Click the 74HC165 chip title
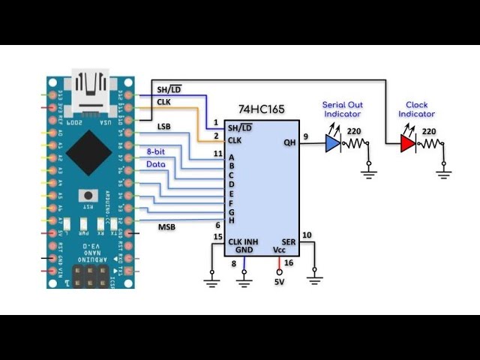click(x=262, y=109)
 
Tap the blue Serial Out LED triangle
click(x=332, y=143)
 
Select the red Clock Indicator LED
click(x=407, y=143)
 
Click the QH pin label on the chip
click(x=289, y=142)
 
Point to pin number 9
click(x=306, y=136)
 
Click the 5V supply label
click(x=279, y=282)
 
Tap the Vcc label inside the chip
click(x=279, y=250)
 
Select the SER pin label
click(x=289, y=241)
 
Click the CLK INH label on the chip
click(x=243, y=241)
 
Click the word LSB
click(x=164, y=127)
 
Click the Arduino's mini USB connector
click(x=91, y=88)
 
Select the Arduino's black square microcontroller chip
click(x=88, y=153)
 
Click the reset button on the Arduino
click(x=89, y=193)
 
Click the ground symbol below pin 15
click(x=211, y=282)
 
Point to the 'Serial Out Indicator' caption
click(x=341, y=109)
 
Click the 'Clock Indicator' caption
click(x=416, y=109)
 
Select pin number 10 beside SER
click(x=306, y=235)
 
